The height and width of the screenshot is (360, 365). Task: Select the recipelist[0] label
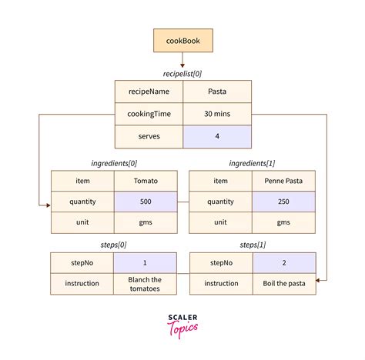click(182, 73)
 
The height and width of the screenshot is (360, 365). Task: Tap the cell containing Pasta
click(216, 92)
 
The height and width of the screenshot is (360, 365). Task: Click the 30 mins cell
click(216, 114)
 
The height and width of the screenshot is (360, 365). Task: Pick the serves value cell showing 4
click(216, 136)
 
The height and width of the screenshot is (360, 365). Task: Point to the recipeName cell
click(149, 92)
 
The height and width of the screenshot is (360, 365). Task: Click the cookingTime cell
click(149, 114)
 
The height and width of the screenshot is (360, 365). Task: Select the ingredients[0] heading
click(113, 163)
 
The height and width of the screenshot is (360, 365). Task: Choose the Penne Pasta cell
click(283, 181)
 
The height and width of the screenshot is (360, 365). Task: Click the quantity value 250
click(283, 202)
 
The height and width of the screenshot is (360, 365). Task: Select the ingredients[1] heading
click(252, 163)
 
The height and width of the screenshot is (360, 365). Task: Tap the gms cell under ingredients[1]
click(283, 222)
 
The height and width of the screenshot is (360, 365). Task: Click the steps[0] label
click(113, 245)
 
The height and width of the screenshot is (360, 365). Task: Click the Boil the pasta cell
click(283, 284)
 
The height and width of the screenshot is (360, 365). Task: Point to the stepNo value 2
click(283, 262)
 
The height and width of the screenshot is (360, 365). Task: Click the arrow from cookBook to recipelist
click(182, 58)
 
